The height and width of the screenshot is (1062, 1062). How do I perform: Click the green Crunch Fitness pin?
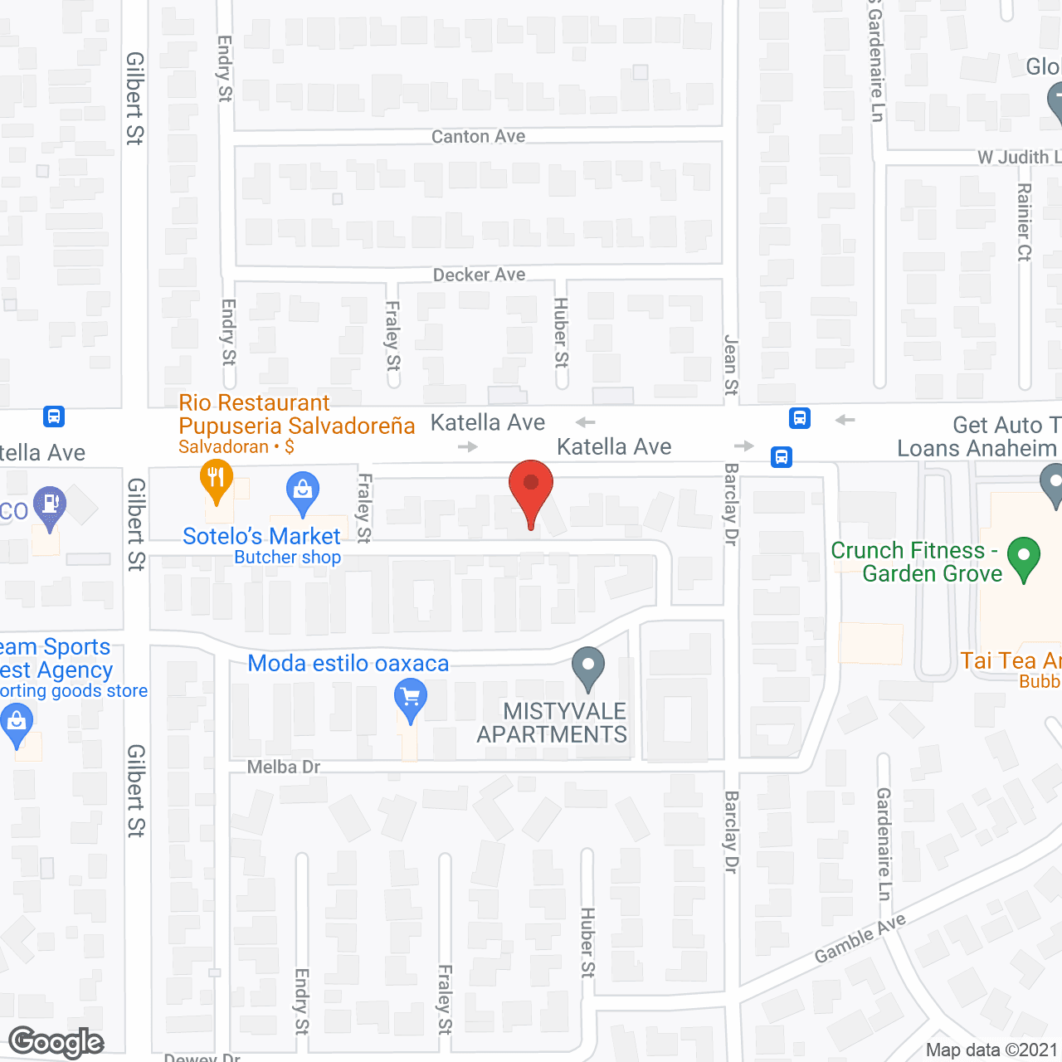click(x=1023, y=558)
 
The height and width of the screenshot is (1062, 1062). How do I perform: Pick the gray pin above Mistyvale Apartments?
click(x=588, y=667)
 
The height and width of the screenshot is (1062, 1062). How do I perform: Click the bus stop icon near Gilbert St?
click(x=54, y=416)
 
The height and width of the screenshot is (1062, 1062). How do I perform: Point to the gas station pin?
click(x=50, y=505)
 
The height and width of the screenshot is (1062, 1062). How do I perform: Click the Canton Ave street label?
click(x=478, y=137)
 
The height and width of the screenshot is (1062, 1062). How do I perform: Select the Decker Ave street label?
click(x=479, y=275)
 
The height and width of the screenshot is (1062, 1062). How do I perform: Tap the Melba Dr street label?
click(x=284, y=767)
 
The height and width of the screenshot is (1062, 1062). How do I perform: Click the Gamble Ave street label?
click(x=860, y=939)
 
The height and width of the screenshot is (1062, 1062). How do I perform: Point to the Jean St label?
click(x=731, y=365)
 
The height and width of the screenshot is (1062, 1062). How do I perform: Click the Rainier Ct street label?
click(x=1024, y=222)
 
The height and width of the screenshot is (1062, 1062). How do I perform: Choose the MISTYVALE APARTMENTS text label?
click(x=552, y=723)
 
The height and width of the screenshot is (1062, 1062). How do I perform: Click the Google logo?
click(x=56, y=1042)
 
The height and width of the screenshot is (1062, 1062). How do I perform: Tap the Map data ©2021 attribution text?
click(x=991, y=1050)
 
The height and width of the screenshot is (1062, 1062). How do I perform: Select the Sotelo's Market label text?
click(x=261, y=536)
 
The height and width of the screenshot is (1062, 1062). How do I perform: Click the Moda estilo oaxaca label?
click(x=348, y=664)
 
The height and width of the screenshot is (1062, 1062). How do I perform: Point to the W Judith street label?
click(x=1019, y=157)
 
